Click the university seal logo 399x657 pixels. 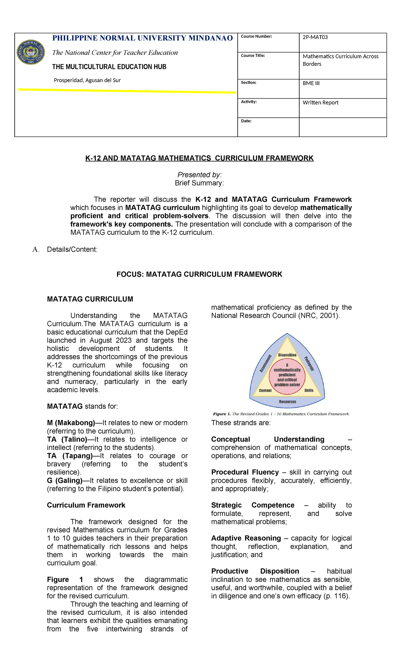coord(31,52)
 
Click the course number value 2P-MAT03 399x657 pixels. coord(315,37)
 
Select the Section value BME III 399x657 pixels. coord(311,83)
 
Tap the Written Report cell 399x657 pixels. coord(320,102)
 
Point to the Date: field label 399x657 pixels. coord(246,121)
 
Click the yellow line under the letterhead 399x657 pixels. coord(126,91)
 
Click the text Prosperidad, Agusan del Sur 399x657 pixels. coord(87,80)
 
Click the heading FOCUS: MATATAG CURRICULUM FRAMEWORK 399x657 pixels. coord(199,274)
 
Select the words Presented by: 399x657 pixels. coord(199,175)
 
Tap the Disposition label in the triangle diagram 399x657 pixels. coord(287,355)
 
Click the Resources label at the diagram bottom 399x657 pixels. coord(287,402)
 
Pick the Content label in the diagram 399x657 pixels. coord(265,390)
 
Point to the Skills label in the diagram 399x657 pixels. coord(309,390)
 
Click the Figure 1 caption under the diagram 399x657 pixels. coord(281,414)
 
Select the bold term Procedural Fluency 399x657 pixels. coord(245,472)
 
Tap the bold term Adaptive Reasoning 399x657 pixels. coord(246,538)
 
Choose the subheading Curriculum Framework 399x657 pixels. coord(86,505)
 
